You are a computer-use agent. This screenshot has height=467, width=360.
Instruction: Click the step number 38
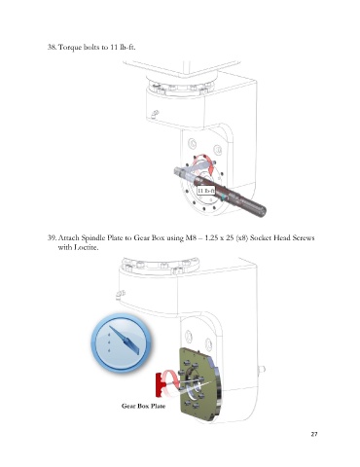pos(52,47)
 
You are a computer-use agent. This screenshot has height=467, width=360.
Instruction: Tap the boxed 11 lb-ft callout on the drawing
pos(206,191)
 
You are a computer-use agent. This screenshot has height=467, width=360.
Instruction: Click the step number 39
pos(52,237)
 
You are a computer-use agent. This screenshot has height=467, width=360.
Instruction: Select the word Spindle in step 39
pos(92,238)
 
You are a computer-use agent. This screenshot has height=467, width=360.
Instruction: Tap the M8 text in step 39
pos(190,237)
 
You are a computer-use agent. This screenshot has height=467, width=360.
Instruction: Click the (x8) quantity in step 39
pos(241,237)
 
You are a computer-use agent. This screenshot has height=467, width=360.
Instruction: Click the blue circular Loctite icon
pos(121,342)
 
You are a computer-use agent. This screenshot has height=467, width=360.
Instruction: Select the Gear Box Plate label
pos(143,406)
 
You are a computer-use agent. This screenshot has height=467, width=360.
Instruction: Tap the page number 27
pos(314,434)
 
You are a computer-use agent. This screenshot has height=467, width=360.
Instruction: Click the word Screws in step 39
pos(304,237)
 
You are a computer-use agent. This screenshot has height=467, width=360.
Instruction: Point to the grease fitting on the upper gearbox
pos(155,114)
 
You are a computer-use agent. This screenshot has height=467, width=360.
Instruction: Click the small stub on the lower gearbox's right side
pos(262,369)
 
